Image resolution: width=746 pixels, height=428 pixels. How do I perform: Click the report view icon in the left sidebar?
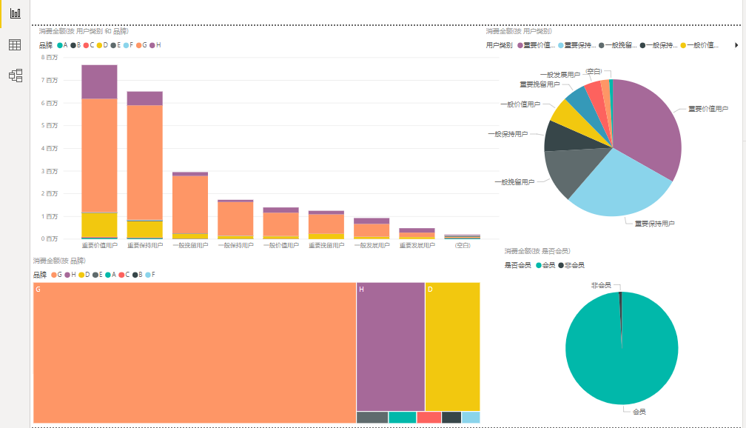click(15, 13)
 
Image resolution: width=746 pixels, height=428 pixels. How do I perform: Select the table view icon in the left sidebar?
click(15, 44)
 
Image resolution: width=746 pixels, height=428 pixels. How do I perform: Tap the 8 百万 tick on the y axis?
click(50, 57)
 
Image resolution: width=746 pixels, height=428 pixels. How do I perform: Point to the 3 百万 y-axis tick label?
click(50, 171)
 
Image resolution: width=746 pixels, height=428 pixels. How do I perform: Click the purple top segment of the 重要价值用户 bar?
click(99, 81)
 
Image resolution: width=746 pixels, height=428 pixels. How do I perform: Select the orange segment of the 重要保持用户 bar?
click(144, 163)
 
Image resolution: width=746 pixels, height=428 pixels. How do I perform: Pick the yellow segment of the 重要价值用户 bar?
click(99, 224)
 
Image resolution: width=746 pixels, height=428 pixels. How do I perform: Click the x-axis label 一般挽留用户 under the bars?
click(189, 245)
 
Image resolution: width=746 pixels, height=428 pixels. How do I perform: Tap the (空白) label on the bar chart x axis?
click(463, 245)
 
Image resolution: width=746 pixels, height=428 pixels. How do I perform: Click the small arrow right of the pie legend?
click(736, 45)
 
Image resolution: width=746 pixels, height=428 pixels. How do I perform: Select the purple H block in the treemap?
click(390, 347)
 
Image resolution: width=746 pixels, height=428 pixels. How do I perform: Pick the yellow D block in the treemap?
click(452, 347)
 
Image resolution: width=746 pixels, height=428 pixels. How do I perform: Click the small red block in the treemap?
click(429, 418)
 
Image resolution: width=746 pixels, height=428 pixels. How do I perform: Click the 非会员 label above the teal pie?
click(600, 285)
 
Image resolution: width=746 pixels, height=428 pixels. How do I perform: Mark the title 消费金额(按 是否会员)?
click(537, 251)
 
